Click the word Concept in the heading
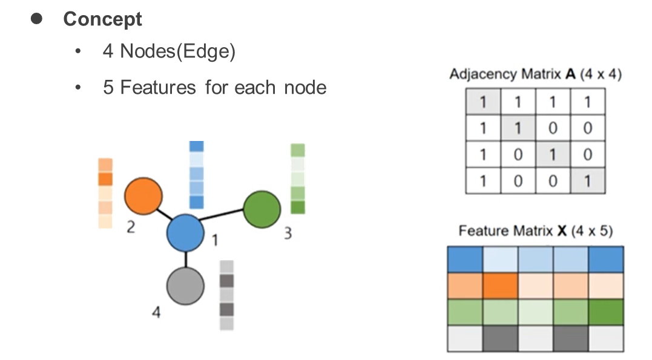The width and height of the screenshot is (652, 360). (x=102, y=19)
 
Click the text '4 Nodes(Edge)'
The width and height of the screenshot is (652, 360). (x=169, y=51)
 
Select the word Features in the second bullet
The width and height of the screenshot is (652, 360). (x=157, y=88)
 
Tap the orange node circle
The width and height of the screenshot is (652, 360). (x=143, y=196)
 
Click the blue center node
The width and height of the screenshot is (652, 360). (x=186, y=233)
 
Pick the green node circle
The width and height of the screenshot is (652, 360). (x=262, y=209)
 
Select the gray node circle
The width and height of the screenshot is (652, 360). (x=185, y=286)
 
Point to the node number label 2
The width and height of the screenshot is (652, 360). (x=131, y=227)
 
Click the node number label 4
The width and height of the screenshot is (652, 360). (x=156, y=312)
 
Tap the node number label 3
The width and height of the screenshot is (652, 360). (x=290, y=233)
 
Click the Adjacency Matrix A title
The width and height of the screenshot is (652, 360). (x=535, y=75)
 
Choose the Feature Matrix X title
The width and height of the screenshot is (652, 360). (x=535, y=231)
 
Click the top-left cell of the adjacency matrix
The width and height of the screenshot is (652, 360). (x=482, y=102)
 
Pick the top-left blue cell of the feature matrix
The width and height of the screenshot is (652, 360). (x=464, y=259)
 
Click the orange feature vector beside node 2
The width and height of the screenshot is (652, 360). (x=105, y=193)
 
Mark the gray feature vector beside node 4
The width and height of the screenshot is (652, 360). (x=226, y=295)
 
